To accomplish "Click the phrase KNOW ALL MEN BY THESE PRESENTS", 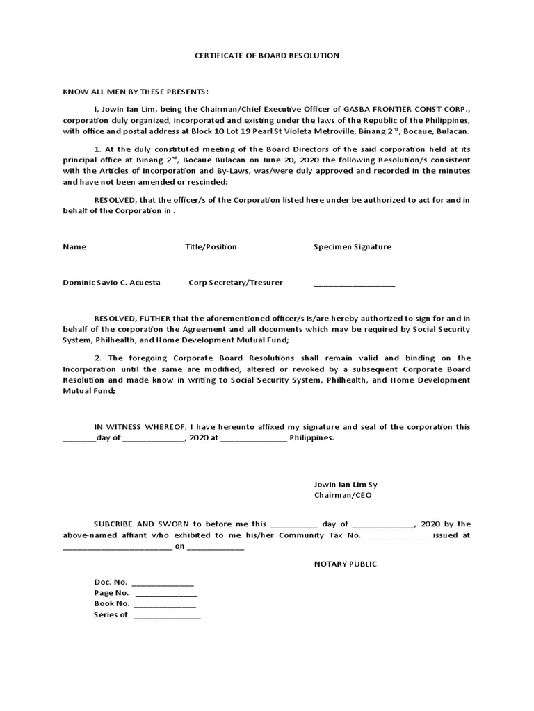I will tap(136, 92).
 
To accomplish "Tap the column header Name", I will tap(74, 246).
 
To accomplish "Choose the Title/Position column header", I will tap(211, 246).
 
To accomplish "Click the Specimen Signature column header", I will tap(352, 246).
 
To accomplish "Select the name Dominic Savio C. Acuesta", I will tap(111, 283).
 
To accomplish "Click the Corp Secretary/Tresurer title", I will tap(236, 283).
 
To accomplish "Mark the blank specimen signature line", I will tap(354, 284).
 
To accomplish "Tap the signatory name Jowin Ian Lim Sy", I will tap(346, 484).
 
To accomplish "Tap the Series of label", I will tap(111, 615).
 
